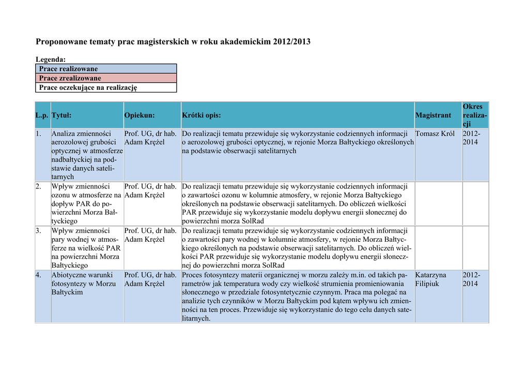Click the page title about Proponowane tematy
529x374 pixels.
pos(173,41)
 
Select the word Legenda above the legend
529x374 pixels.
pos(50,60)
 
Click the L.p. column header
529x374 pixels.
pos(42,116)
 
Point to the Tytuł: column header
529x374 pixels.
pos(61,116)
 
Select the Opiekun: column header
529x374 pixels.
pos(139,116)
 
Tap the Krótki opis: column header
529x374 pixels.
pos(201,116)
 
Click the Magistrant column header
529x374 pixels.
pos(433,116)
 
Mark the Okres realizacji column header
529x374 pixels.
pos(474,115)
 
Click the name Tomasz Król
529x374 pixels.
pos(435,134)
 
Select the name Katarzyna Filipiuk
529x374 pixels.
pos(431,279)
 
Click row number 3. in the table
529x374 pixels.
pos(39,231)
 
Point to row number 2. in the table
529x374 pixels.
pos(39,186)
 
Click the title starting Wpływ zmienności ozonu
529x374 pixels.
pos(86,204)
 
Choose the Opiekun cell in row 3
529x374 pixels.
pos(150,235)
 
